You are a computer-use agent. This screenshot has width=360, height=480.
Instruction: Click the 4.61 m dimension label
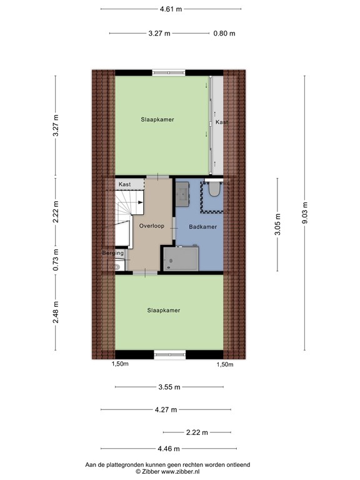[x=171, y=9]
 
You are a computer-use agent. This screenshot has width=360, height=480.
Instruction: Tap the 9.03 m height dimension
[x=304, y=213]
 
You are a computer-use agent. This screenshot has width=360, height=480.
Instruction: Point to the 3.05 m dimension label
[x=277, y=224]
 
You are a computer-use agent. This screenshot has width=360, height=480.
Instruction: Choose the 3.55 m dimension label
[x=170, y=387]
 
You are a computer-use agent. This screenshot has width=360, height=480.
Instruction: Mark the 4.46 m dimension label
[x=169, y=449]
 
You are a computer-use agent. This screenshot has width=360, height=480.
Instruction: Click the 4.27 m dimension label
[x=166, y=410]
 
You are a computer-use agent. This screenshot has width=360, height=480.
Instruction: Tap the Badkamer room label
[x=204, y=227]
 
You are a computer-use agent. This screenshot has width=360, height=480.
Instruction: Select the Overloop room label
[x=152, y=226]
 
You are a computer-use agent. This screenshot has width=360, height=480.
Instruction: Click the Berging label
[x=113, y=253]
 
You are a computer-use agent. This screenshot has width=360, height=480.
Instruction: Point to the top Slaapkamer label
[x=157, y=119]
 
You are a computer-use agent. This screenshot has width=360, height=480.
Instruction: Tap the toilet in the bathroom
[x=214, y=190]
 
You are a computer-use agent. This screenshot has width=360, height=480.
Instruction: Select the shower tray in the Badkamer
[x=181, y=259]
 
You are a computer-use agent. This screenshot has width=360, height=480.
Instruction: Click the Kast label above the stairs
[x=124, y=184]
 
